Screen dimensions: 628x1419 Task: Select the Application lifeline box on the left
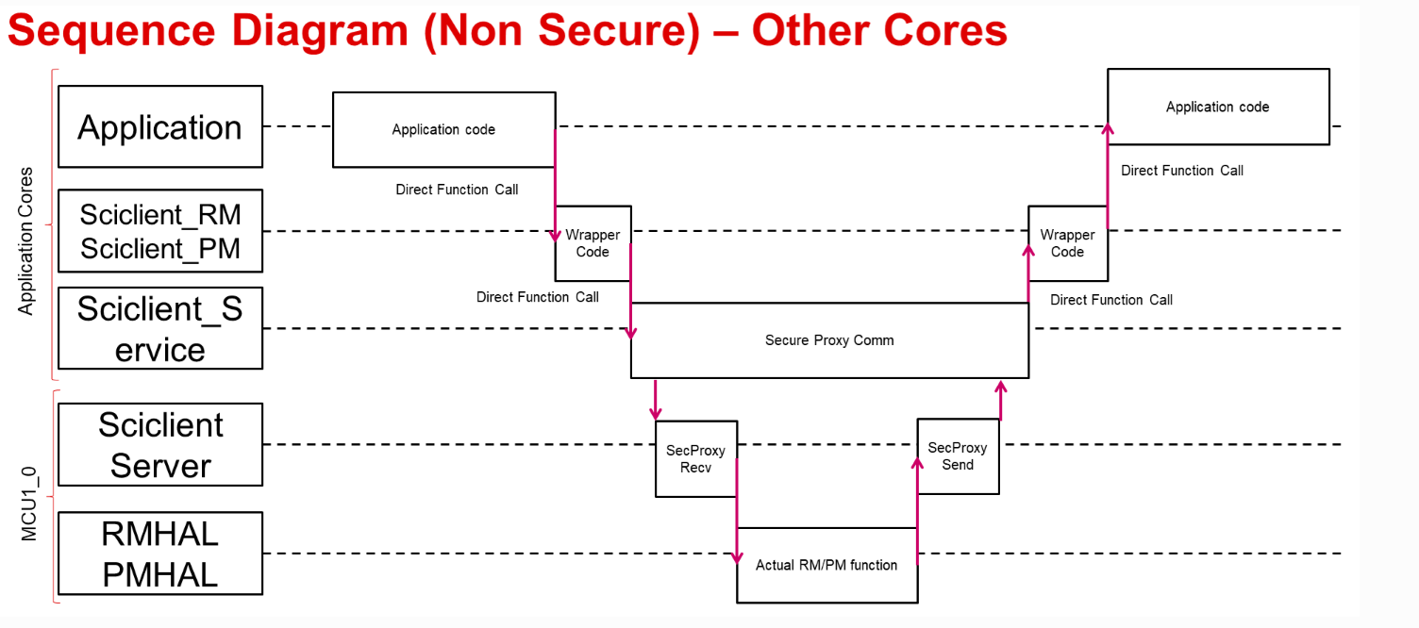[160, 127]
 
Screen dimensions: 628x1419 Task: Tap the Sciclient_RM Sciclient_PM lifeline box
[160, 232]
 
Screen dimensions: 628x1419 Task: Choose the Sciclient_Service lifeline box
[160, 329]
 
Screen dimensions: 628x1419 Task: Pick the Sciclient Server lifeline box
[160, 445]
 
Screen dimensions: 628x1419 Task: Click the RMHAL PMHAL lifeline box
[160, 554]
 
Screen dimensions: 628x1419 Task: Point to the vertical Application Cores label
[26, 241]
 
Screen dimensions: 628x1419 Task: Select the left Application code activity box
[443, 130]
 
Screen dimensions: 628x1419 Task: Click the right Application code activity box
[1217, 107]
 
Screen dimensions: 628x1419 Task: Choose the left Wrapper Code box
[593, 243]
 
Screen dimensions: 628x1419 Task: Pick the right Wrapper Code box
[1067, 243]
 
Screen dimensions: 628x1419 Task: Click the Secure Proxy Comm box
[829, 340]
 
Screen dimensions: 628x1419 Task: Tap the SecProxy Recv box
[695, 459]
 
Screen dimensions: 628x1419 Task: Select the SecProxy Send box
[958, 456]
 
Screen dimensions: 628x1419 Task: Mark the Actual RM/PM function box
[826, 565]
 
